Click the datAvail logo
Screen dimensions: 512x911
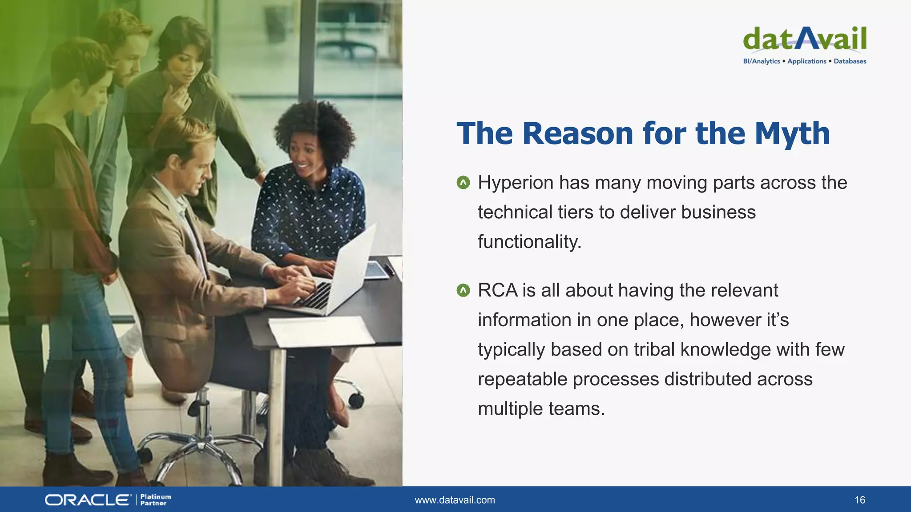click(804, 39)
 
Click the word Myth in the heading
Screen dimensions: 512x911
click(792, 133)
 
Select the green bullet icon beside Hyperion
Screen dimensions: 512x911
click(463, 182)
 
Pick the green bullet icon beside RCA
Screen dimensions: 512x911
click(463, 291)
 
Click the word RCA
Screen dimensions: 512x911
click(497, 291)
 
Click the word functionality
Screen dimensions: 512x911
click(529, 242)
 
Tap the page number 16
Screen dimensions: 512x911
click(859, 500)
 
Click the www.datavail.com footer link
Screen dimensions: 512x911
click(455, 500)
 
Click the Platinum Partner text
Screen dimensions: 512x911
click(155, 500)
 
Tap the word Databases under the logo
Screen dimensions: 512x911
click(850, 61)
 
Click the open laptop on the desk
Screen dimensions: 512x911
click(343, 276)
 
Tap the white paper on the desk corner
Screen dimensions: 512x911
click(320, 331)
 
